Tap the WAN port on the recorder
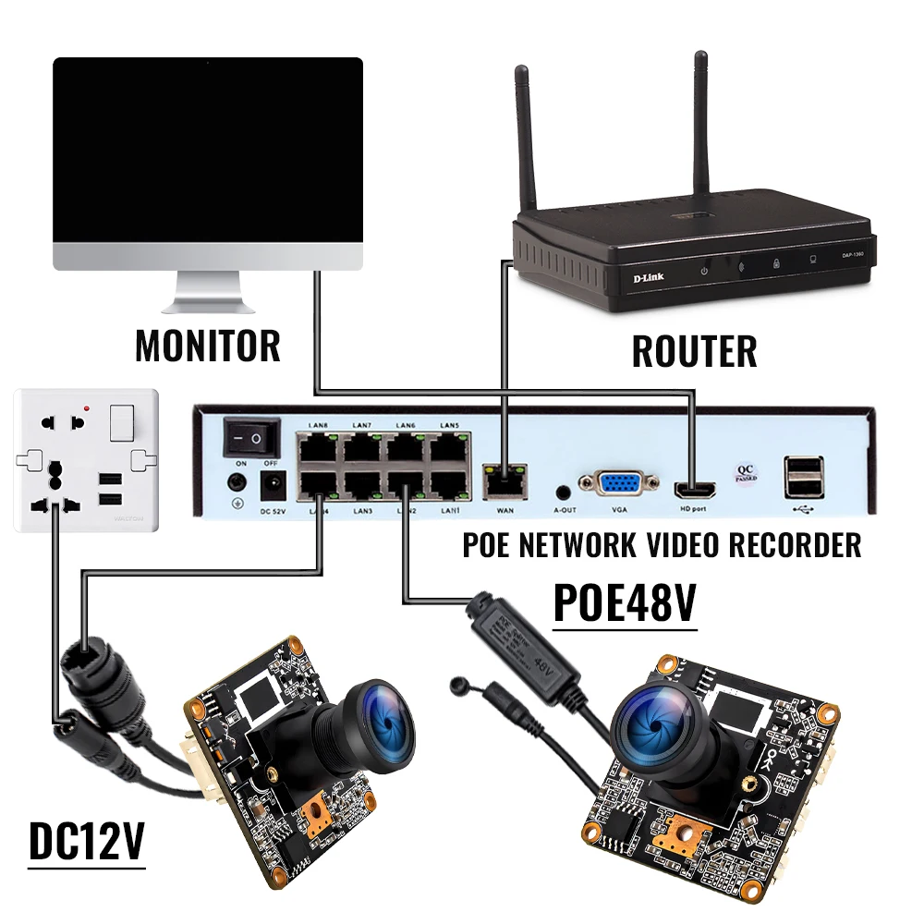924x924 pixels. coord(504,480)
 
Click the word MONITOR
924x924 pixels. coord(208,346)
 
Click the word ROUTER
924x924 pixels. coord(694,352)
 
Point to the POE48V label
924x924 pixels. coord(624,603)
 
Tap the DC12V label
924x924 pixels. coord(87,841)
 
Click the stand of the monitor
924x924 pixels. coord(210,294)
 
